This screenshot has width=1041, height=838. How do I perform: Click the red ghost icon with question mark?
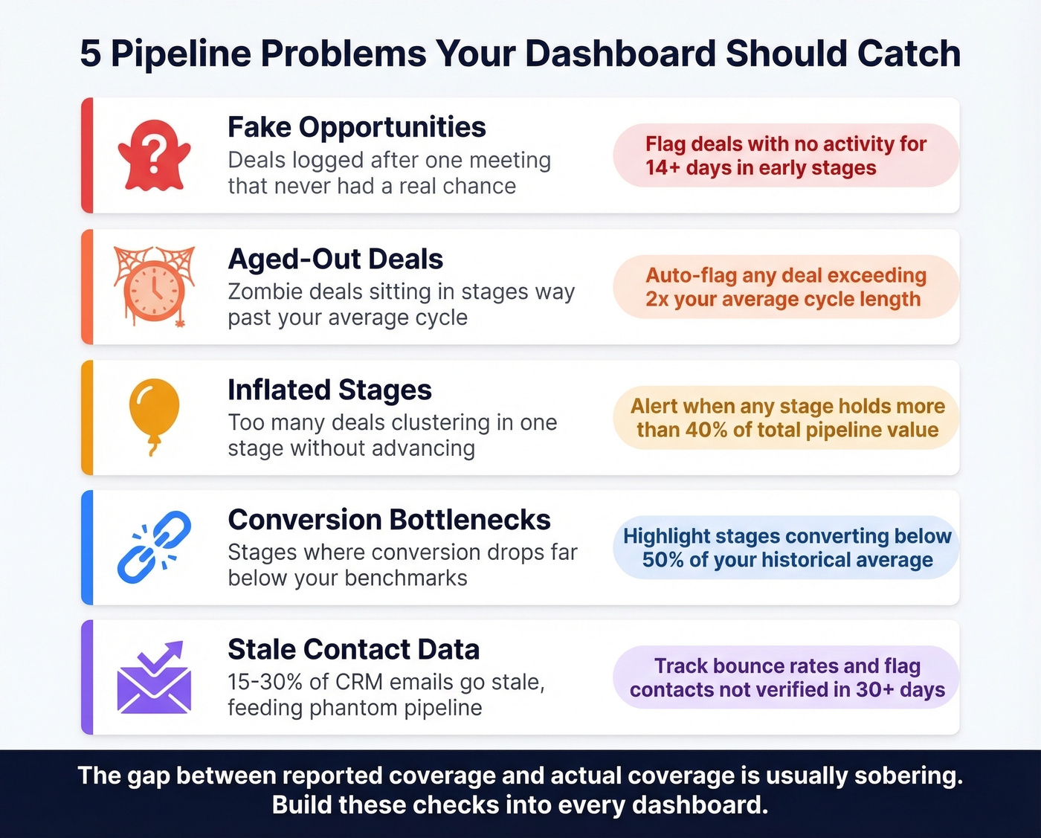154,155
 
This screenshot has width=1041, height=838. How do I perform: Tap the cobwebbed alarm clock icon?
155,287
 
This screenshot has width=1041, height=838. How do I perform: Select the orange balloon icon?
154,415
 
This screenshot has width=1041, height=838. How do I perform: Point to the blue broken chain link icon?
154,547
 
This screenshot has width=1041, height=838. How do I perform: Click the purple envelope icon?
154,677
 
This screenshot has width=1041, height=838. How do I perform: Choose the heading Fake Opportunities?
356,127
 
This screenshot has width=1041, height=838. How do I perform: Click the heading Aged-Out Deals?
335,260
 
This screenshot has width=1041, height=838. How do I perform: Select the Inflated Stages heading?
329,390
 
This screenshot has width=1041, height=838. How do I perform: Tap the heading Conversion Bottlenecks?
389,520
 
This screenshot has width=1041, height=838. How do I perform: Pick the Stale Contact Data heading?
353,650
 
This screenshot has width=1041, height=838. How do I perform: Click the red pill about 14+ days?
785,155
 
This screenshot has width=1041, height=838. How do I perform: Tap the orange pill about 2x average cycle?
785,287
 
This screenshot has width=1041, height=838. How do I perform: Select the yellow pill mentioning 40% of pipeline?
787,418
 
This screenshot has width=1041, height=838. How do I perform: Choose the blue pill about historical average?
787,548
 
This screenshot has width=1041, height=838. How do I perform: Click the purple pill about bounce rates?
787,677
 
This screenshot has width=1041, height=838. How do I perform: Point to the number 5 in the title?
90,54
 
